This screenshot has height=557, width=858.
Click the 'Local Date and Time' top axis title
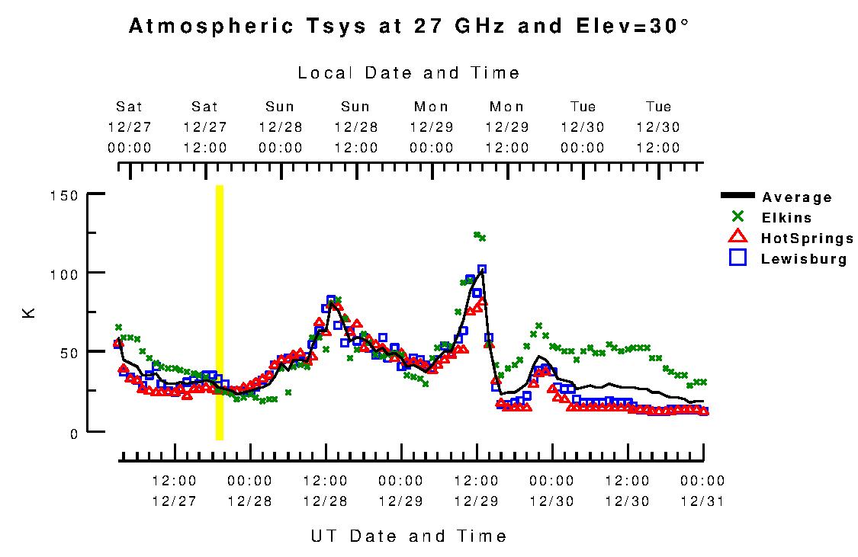click(x=409, y=73)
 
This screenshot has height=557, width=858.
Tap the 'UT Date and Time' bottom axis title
click(x=409, y=536)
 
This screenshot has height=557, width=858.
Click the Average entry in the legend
click(x=797, y=197)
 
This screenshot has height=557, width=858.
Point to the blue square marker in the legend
click(x=737, y=258)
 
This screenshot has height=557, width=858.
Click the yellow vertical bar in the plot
click(x=220, y=312)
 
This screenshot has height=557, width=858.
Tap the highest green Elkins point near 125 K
click(x=477, y=235)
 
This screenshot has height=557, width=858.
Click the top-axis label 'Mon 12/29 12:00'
click(x=507, y=127)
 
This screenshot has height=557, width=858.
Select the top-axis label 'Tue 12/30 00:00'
click(x=583, y=127)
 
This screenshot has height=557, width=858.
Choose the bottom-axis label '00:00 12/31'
click(x=702, y=491)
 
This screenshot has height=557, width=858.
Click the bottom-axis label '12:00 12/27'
click(x=175, y=491)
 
